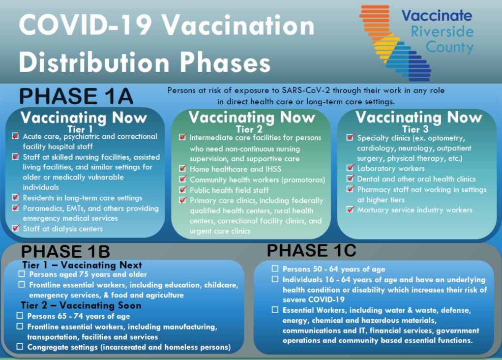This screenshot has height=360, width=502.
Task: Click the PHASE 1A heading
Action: tap(76, 96)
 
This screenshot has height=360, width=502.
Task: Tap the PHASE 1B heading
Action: tap(65, 251)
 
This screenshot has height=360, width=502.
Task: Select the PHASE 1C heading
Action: tap(312, 250)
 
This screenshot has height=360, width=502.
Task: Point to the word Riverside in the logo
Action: tap(442, 31)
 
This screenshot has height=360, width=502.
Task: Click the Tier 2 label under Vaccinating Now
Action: tap(249, 129)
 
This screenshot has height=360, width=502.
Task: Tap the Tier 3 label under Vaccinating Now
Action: tap(415, 129)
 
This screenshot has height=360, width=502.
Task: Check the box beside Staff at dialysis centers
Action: tap(15, 228)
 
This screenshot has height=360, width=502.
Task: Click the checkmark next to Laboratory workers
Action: tap(351, 168)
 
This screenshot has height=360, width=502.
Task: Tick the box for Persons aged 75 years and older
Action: tap(22, 274)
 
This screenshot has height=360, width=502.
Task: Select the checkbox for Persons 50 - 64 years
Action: tap(275, 269)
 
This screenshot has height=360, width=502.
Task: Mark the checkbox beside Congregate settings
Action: tap(20, 347)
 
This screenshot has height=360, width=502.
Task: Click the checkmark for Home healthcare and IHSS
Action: tap(183, 169)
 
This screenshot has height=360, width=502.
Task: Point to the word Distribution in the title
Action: tap(94, 62)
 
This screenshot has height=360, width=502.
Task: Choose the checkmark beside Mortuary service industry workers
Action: tap(351, 210)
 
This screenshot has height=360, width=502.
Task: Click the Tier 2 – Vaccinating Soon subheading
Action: tap(81, 305)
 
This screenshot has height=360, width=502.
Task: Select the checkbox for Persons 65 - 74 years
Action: tap(20, 316)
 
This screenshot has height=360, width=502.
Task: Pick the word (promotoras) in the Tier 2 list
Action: tap(303, 180)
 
